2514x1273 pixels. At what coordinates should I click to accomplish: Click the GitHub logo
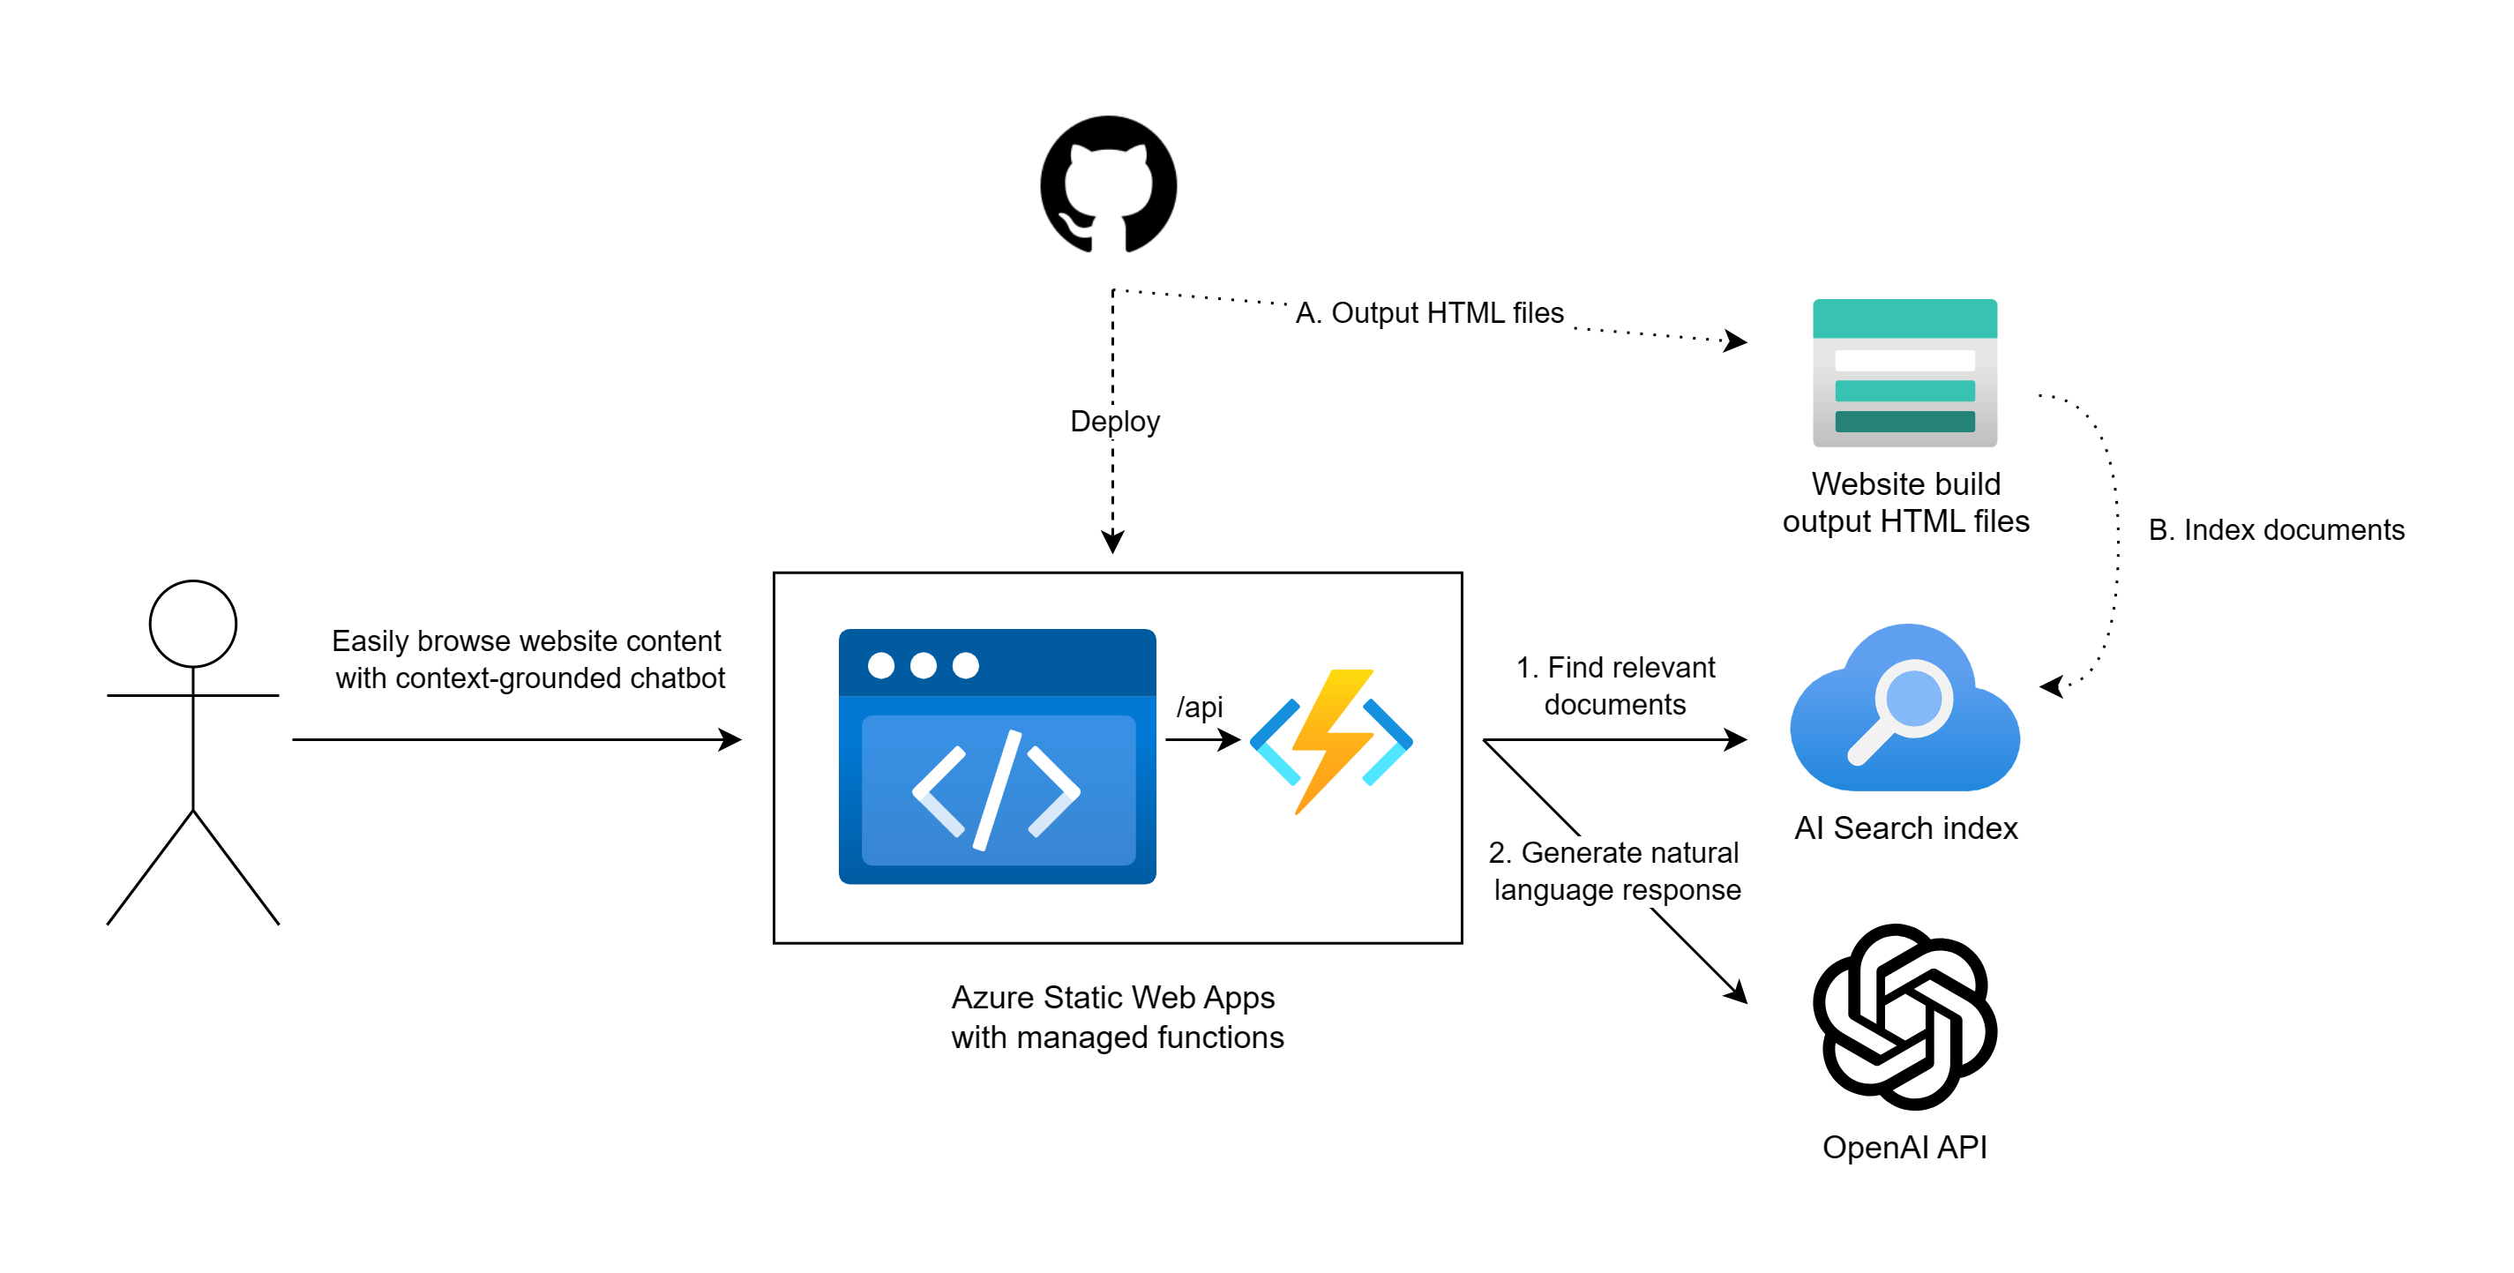point(1108,184)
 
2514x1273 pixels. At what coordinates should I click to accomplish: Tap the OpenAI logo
point(1904,1016)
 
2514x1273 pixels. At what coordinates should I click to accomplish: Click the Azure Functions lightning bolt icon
point(1331,741)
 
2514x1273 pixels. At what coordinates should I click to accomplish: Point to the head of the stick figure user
point(192,624)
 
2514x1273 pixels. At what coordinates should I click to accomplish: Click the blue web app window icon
point(997,757)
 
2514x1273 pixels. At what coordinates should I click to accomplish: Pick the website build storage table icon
point(1904,372)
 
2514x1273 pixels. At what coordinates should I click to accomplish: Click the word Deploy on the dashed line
point(1114,421)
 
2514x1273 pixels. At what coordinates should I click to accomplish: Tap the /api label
point(1199,706)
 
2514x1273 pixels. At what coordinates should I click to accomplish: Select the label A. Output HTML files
point(1429,312)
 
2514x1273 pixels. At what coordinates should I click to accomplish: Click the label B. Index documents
point(2276,529)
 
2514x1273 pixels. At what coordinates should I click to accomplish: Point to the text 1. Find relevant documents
point(1615,685)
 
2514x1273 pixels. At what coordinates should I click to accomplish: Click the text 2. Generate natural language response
point(1615,871)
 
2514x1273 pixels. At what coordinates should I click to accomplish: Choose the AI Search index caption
point(1905,827)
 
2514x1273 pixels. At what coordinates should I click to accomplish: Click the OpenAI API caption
point(1904,1146)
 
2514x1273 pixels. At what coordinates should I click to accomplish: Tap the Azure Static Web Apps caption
point(1117,1016)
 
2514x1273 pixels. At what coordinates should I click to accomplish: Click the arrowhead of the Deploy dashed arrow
point(1112,542)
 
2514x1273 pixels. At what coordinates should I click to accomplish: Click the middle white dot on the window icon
point(924,666)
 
